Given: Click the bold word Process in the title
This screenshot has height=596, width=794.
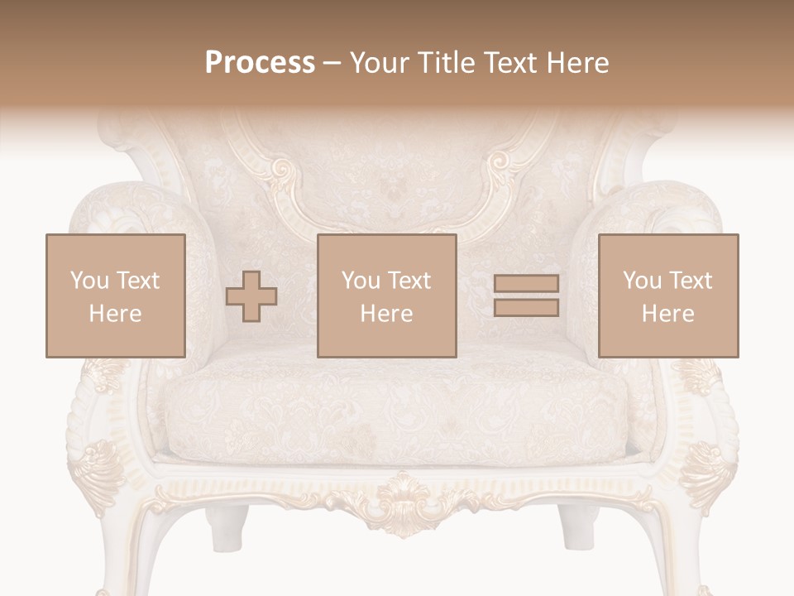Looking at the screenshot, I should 260,63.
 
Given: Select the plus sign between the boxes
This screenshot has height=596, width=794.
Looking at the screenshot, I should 251,296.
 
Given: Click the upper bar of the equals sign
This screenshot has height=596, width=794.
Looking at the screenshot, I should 526,283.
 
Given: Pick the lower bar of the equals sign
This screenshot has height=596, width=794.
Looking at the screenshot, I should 526,308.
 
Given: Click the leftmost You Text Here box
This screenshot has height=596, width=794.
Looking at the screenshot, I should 115,296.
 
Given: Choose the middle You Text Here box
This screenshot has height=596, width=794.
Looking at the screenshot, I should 387,296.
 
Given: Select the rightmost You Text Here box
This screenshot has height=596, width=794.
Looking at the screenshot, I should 668,296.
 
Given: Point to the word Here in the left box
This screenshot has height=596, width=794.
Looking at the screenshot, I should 115,314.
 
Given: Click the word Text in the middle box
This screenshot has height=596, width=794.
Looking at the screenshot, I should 409,281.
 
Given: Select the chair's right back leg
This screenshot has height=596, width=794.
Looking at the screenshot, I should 576,526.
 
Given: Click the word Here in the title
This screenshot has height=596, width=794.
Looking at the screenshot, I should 579,63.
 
